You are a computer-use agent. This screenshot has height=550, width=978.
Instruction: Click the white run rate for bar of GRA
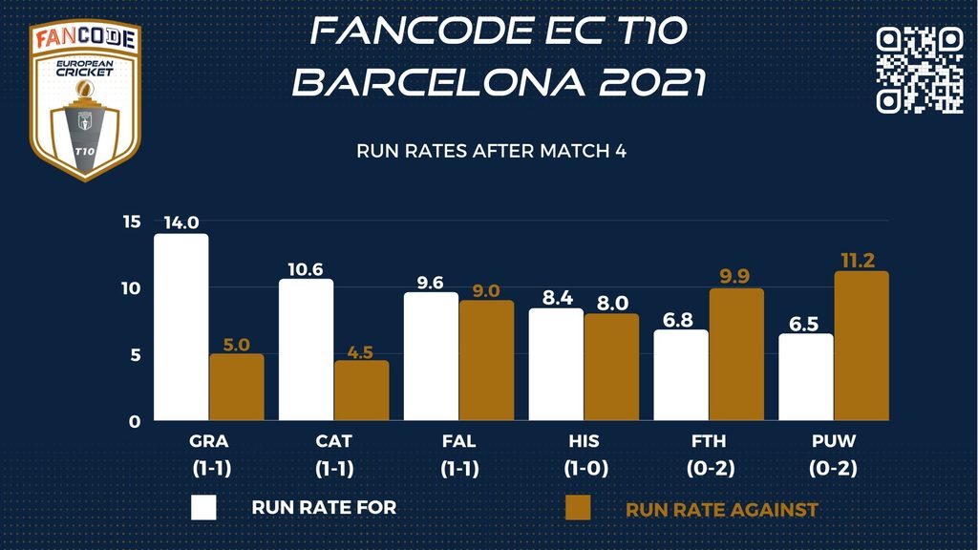(181, 328)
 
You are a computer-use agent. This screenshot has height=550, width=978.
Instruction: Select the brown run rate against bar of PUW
(861, 347)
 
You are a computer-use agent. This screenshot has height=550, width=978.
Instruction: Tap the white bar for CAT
(306, 349)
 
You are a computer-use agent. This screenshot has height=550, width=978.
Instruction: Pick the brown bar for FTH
(736, 355)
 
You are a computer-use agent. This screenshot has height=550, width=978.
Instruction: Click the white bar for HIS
(556, 365)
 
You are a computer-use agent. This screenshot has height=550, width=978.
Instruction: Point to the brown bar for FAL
(486, 361)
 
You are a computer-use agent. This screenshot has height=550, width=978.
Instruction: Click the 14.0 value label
(181, 223)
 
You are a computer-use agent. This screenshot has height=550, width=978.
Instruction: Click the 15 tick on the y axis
(132, 222)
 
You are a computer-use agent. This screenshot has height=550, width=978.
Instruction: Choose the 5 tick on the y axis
(136, 354)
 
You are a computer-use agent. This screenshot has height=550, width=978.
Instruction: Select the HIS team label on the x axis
(584, 441)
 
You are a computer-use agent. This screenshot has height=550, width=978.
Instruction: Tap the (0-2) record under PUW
(834, 469)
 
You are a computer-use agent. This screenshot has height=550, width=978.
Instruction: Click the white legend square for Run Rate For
(203, 507)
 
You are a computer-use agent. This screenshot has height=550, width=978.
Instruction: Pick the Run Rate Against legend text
(721, 510)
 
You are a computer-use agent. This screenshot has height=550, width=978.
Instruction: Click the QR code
(920, 69)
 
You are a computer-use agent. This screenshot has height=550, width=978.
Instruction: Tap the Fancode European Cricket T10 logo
(86, 100)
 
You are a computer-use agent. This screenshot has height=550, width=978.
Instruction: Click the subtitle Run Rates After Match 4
(491, 151)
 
